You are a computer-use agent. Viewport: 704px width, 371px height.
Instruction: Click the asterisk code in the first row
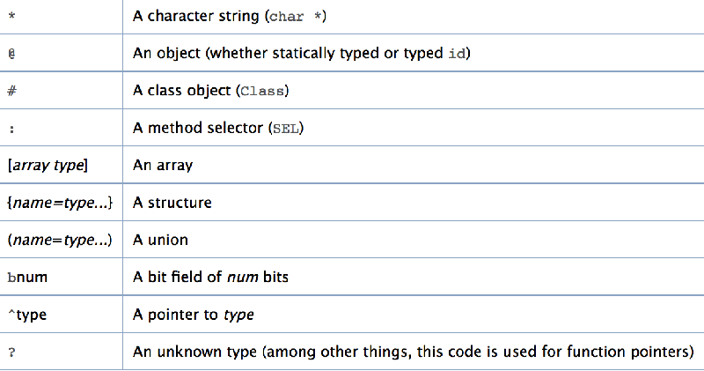click(11, 17)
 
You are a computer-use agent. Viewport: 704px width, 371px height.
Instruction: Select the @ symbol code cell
click(11, 54)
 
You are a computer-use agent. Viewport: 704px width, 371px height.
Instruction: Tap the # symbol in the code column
click(11, 91)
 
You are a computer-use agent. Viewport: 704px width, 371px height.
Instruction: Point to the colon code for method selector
click(11, 130)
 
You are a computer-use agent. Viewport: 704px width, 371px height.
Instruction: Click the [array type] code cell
click(48, 166)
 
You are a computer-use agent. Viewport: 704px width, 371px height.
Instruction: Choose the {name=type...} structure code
click(60, 203)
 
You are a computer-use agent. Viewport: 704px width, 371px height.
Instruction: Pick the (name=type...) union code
click(60, 240)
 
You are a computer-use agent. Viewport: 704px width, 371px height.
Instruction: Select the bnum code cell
click(27, 277)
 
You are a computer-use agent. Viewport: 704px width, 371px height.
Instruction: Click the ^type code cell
click(27, 315)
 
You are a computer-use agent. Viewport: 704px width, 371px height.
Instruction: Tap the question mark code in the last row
click(11, 352)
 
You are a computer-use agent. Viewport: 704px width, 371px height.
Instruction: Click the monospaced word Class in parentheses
click(262, 92)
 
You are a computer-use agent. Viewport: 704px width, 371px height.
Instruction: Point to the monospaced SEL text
click(286, 129)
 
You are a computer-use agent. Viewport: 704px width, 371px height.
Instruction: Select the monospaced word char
click(287, 17)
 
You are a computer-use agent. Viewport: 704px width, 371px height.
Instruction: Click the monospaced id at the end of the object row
click(457, 54)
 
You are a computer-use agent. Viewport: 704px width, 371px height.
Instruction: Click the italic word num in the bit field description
click(243, 277)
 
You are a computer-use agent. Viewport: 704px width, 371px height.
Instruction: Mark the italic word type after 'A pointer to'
click(238, 315)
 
